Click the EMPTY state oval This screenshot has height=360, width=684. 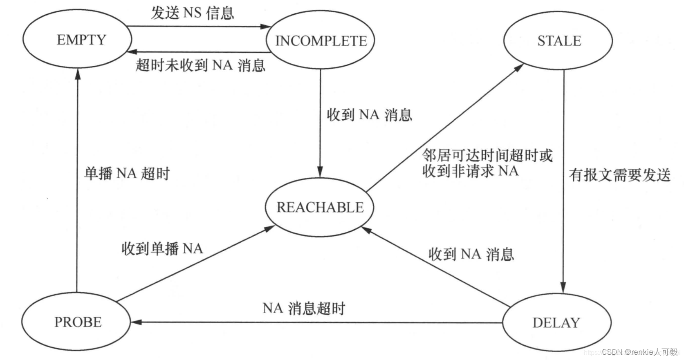click(x=77, y=40)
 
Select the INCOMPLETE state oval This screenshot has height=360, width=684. click(x=321, y=40)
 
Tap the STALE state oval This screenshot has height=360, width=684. click(x=558, y=40)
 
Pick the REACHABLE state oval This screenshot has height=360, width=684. click(x=320, y=207)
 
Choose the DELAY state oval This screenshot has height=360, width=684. click(x=556, y=322)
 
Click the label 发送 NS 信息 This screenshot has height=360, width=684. click(x=192, y=13)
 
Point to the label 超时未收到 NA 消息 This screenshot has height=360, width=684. click(x=200, y=65)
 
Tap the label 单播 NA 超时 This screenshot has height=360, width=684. click(x=127, y=173)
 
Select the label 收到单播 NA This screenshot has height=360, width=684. click(x=162, y=248)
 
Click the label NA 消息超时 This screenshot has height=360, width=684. click(x=304, y=308)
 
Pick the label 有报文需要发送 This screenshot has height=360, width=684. click(x=619, y=175)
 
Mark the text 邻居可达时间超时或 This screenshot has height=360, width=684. click(x=487, y=155)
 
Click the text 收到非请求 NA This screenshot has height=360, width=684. click(x=470, y=171)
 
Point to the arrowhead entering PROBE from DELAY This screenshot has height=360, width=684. click(x=136, y=322)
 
